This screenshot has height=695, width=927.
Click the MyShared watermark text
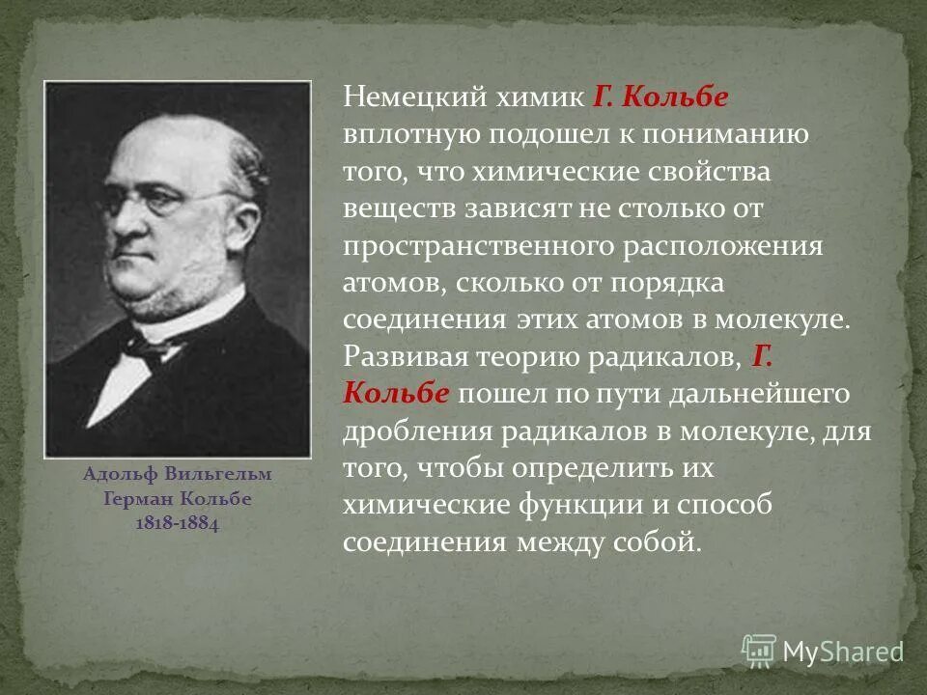[x=842, y=651]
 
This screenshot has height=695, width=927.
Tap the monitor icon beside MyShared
[x=759, y=651]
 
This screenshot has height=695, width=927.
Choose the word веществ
[x=393, y=208]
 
